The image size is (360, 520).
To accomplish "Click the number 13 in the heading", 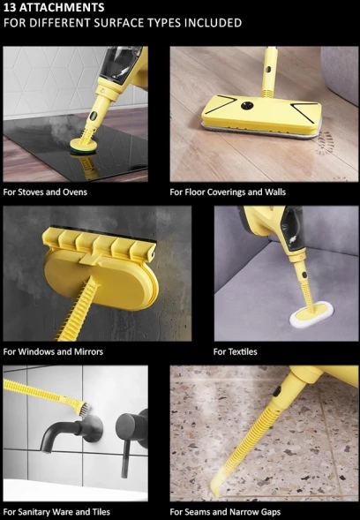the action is point(9,7).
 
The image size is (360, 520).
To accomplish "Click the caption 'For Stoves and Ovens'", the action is point(45,192).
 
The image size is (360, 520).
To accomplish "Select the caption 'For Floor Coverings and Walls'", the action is point(228,192).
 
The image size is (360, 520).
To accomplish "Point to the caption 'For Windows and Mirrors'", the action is point(53,351).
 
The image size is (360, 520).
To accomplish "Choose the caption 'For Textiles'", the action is point(236,351).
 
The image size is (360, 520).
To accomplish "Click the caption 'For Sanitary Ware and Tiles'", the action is point(56,512).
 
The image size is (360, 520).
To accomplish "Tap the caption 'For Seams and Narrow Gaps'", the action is point(225,512).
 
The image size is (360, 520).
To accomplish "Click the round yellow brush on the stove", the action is point(83,147).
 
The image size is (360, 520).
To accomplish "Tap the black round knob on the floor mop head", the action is point(247,106).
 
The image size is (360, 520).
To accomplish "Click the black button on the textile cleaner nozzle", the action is point(304,275).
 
